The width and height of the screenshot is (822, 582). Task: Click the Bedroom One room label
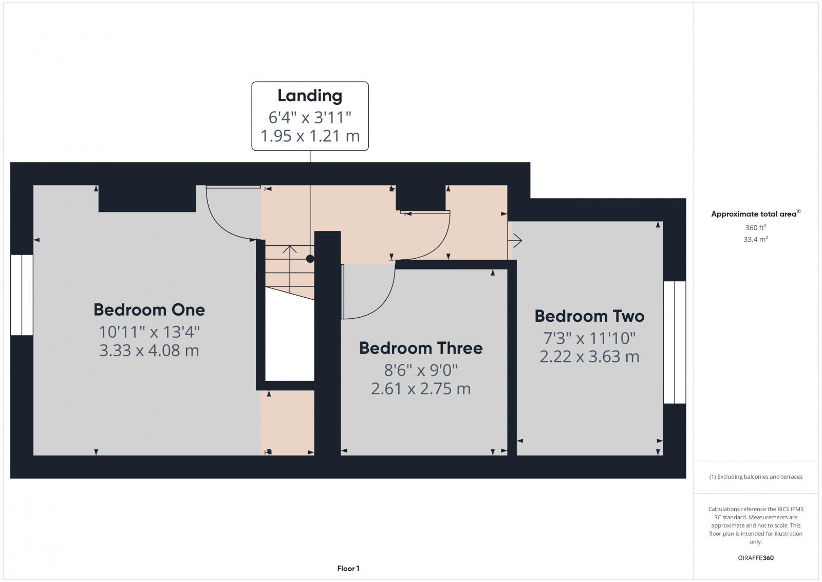click(149, 310)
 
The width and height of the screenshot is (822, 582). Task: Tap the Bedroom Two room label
click(589, 316)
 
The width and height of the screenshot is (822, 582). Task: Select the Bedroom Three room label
click(421, 348)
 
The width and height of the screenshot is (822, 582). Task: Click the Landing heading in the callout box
click(310, 96)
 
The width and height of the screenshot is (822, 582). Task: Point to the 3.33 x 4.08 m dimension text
click(149, 351)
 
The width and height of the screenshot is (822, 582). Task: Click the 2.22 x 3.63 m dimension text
click(589, 356)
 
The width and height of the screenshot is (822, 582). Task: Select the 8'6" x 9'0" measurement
click(421, 370)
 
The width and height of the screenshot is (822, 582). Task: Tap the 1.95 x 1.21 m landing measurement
click(310, 136)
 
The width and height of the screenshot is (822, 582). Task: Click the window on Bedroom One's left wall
click(22, 295)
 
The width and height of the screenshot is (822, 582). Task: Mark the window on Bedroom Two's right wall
click(675, 342)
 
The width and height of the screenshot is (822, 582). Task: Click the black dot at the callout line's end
click(310, 259)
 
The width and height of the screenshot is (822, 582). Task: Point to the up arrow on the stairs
click(290, 250)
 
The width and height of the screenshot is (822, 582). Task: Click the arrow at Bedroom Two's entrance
click(517, 240)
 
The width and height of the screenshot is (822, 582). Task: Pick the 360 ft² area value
click(756, 227)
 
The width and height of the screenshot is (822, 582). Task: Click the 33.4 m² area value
click(756, 239)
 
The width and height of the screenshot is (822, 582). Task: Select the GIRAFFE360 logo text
click(756, 558)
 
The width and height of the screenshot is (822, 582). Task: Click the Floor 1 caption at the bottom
click(348, 569)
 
